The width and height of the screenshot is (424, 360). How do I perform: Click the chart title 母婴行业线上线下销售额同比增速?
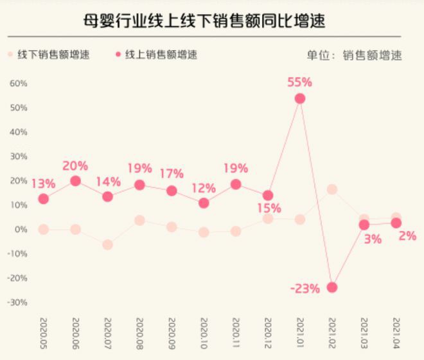(204, 21)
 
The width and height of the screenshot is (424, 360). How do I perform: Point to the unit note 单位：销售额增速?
(355, 55)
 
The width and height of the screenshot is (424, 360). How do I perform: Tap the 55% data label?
(299, 82)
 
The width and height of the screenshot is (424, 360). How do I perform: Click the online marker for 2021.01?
(300, 99)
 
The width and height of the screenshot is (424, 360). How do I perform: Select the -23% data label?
(305, 289)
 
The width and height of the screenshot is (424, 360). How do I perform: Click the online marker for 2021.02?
(332, 287)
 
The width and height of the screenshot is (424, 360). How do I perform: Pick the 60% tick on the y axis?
(18, 83)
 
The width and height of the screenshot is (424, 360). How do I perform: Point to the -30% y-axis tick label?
(17, 302)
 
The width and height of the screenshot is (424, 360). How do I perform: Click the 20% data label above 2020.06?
(75, 166)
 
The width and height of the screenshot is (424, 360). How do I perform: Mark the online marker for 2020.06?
(75, 181)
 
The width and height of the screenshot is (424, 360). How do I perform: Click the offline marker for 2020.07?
(107, 244)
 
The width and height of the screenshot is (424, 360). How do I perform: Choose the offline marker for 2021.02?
(332, 189)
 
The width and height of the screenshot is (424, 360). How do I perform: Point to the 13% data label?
(44, 183)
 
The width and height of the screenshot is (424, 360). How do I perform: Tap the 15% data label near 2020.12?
(270, 209)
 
